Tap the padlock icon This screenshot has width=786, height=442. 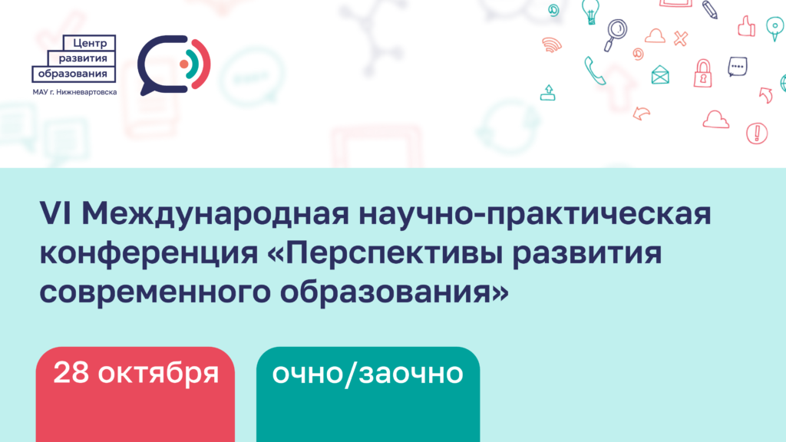703,74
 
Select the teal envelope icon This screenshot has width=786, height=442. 660,74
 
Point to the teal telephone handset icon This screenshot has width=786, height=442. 594,71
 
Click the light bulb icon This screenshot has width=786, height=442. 590,11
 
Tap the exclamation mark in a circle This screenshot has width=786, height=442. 757,134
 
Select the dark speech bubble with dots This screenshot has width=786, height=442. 738,67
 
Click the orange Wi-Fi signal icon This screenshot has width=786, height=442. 552,45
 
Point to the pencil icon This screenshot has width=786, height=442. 710,9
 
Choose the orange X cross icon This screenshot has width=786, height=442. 680,38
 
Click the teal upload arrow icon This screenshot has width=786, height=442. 548,93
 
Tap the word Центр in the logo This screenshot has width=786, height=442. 90,43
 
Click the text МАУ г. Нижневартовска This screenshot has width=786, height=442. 74,92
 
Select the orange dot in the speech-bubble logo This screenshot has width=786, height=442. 184,64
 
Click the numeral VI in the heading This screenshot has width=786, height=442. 57,213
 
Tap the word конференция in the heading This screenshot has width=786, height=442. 149,253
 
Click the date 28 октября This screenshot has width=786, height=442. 136,373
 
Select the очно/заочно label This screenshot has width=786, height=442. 368,374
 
